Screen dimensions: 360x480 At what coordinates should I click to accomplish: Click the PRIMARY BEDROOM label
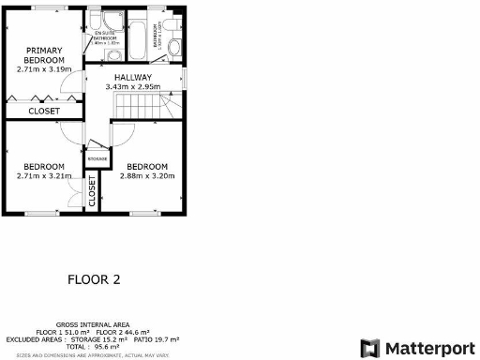44,54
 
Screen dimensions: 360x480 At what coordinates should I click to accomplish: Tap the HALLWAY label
134,78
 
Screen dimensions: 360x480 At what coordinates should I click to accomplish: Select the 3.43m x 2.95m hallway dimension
134,87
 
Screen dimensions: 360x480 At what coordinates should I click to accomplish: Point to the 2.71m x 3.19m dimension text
44,68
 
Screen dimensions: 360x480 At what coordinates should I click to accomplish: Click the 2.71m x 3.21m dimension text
44,174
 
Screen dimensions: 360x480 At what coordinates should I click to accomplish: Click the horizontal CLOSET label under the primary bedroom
42,111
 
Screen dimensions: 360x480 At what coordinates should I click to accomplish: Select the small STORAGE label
96,159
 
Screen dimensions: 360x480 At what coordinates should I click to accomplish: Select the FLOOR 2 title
94,278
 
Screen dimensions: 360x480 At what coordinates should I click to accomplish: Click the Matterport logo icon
371,348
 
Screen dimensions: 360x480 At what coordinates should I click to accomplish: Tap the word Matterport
427,348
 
